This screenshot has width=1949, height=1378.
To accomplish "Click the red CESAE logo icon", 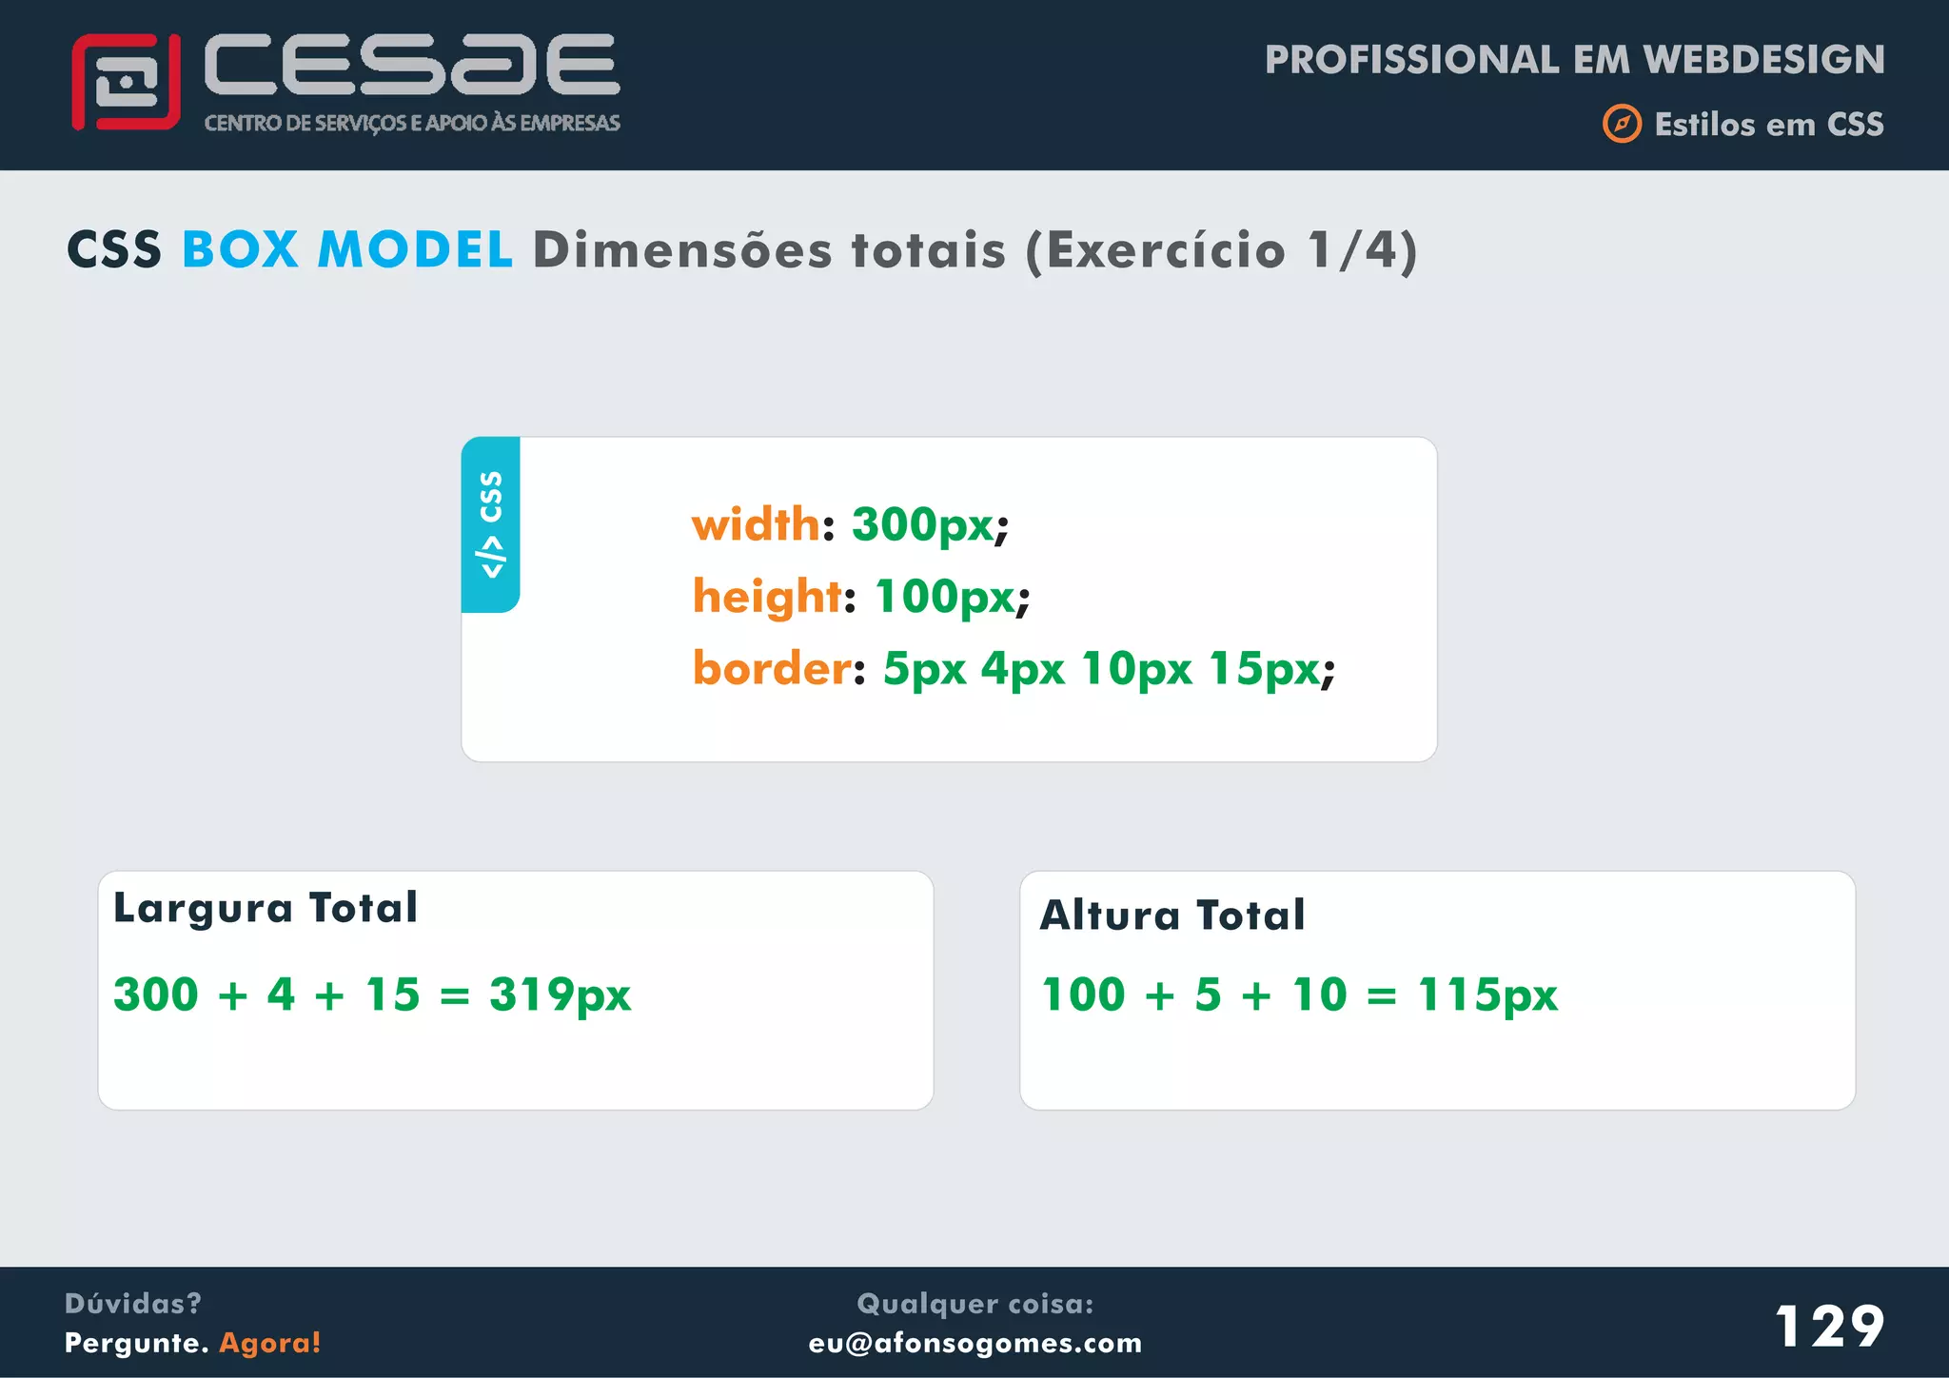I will click(126, 82).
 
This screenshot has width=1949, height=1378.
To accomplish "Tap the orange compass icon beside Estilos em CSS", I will click(1622, 124).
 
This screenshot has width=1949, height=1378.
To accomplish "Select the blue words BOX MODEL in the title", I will click(347, 250).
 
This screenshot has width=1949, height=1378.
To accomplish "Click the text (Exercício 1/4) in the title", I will click(1221, 250).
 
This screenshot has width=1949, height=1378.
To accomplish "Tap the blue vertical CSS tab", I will click(491, 524).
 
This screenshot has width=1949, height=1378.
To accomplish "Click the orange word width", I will click(756, 524).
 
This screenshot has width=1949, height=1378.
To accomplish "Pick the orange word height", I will click(767, 597).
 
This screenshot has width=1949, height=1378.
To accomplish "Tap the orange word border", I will click(772, 668).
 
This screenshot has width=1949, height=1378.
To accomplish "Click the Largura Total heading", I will click(266, 908).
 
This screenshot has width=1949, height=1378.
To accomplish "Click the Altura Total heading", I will click(1172, 915).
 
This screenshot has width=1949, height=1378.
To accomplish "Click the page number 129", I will click(1829, 1326).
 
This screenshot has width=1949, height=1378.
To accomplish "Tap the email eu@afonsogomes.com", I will click(975, 1343).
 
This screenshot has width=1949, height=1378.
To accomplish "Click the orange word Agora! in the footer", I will click(270, 1343).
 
